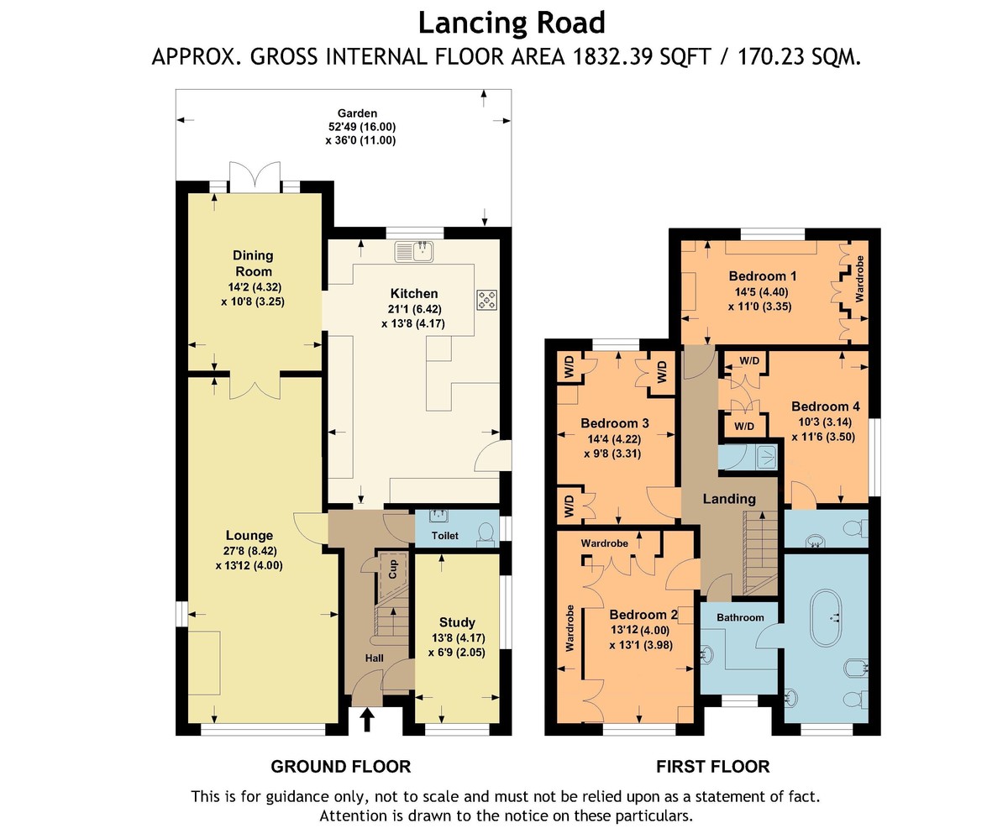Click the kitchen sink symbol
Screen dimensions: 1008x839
415,251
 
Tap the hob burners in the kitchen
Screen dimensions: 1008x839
486,300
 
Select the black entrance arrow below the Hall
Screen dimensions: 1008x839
368,719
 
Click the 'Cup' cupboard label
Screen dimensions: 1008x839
393,569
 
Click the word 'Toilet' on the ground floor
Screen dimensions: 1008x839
445,535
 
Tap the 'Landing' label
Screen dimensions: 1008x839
729,499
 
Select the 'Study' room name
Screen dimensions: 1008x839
457,621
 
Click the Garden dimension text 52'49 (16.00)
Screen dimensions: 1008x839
362,127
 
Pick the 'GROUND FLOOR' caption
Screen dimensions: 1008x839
341,766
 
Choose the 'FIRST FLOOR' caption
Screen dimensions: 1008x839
713,766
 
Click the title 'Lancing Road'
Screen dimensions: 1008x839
512,24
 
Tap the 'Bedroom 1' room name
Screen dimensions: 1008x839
762,276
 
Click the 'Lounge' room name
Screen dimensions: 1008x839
249,535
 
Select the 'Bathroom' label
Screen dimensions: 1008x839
740,617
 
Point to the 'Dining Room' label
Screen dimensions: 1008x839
253,263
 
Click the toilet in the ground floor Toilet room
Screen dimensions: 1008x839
486,535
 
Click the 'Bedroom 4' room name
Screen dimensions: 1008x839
826,406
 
